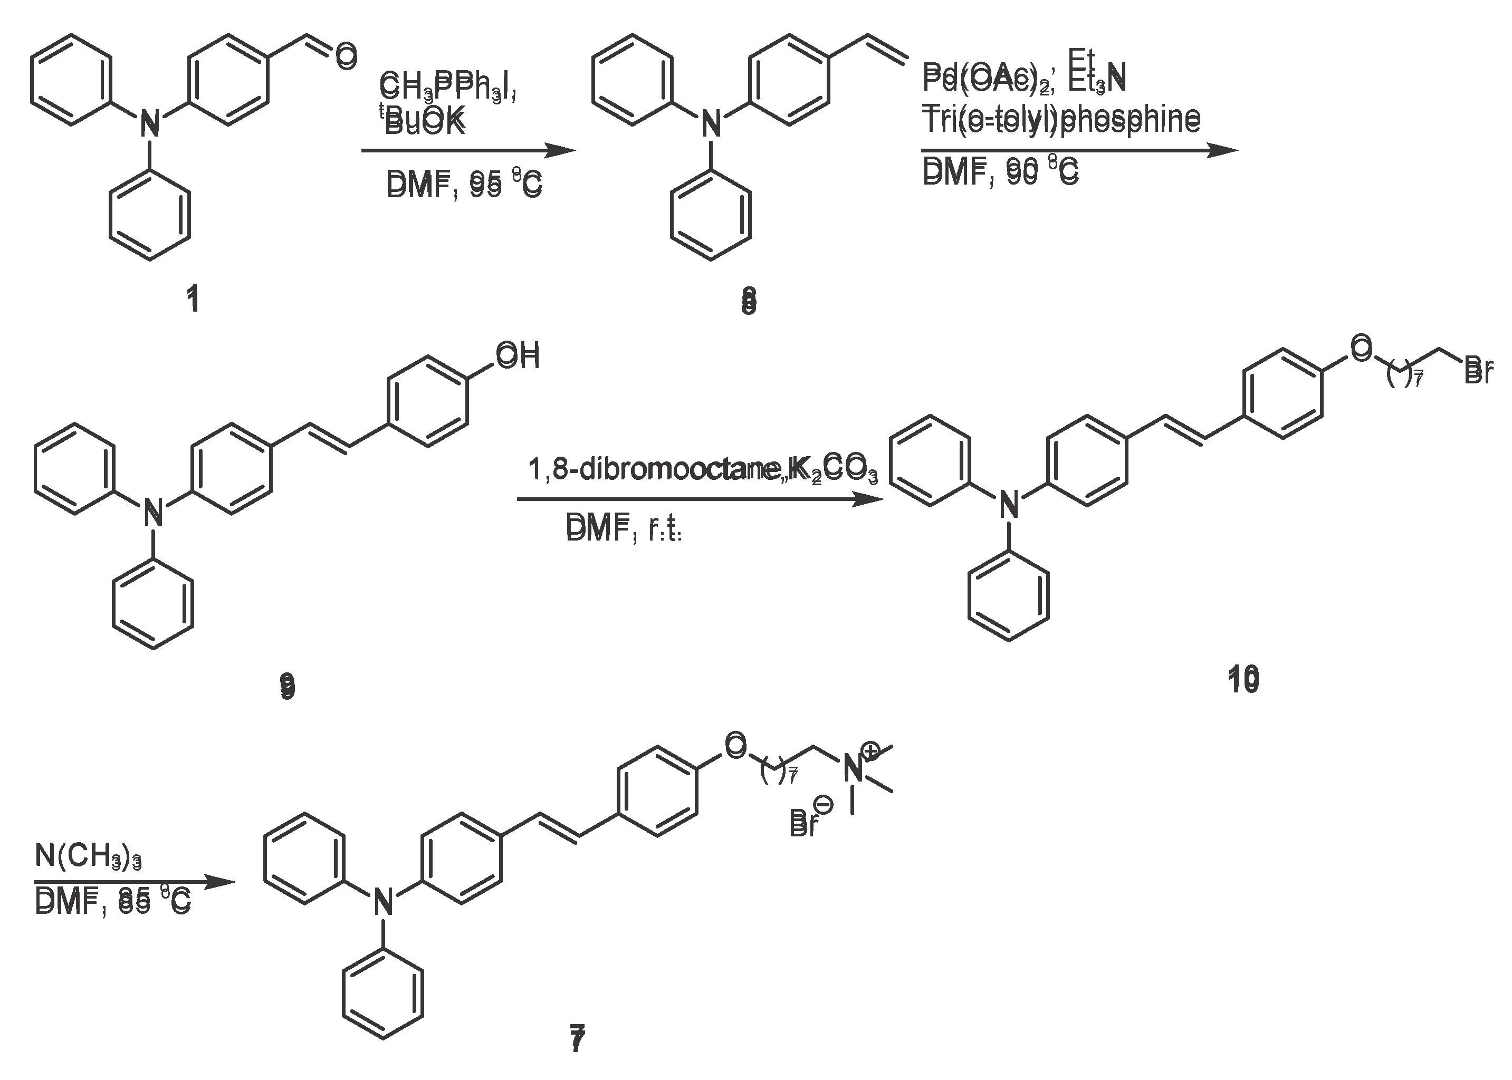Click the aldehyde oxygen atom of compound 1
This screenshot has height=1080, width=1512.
[346, 56]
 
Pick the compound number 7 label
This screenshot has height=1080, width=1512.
[577, 1039]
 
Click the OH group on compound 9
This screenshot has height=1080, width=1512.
[518, 356]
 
